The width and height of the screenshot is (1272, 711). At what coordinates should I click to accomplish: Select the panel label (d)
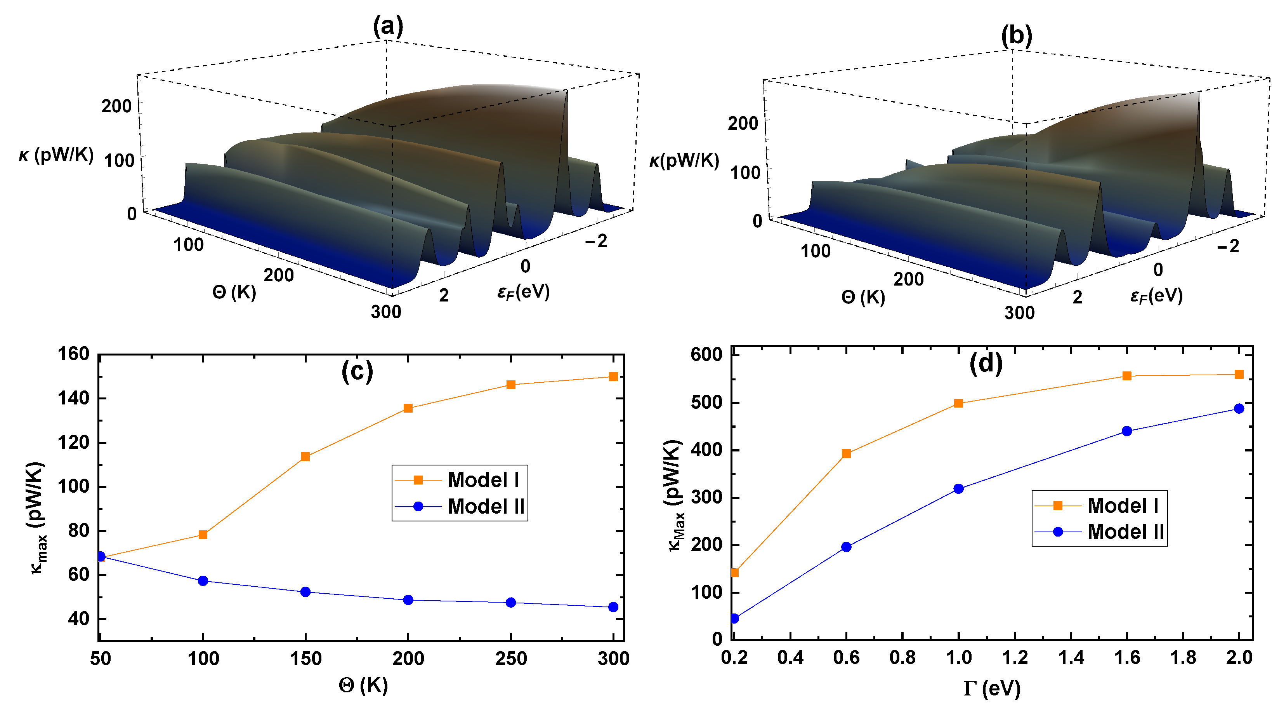coord(986,363)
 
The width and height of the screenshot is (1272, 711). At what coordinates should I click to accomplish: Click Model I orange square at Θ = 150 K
coord(305,457)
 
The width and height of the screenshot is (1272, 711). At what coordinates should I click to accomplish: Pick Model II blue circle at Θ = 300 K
coord(613,607)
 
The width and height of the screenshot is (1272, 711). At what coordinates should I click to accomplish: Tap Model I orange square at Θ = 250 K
coord(511,384)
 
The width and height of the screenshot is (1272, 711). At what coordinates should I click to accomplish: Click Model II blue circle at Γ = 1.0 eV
coord(958,489)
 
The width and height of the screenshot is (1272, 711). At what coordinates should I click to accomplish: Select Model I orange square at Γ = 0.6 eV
coord(846,453)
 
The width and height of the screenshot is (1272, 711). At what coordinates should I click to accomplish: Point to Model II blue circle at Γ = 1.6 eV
coord(1127,431)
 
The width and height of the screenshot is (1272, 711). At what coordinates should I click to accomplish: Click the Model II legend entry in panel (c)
coord(460,507)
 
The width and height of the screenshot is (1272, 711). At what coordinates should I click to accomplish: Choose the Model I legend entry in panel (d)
coord(1099,505)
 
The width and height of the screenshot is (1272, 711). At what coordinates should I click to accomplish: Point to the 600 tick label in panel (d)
coord(706,354)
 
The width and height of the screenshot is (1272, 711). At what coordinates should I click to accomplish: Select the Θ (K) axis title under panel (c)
coord(363,685)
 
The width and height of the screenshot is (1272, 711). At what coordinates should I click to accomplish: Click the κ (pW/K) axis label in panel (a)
coord(56,155)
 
